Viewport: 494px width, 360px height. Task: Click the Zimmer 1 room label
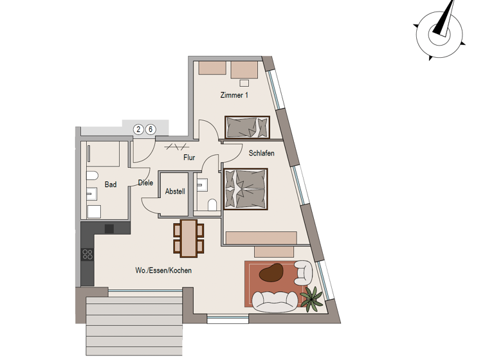pos(234,95)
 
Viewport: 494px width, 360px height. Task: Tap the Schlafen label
pos(262,153)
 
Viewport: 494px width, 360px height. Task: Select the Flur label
pos(189,157)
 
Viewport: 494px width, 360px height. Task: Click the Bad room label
pos(111,184)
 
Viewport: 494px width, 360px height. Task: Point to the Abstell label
pos(174,192)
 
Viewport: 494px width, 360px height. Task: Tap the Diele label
pos(145,183)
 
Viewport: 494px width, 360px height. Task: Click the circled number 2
pos(138,129)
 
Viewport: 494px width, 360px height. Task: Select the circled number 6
pos(151,129)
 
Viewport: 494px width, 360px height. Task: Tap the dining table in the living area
pos(188,237)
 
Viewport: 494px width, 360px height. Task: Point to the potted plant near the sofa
pos(313,297)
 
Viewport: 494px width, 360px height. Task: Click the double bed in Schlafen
pos(244,188)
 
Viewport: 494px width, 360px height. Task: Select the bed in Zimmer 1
pos(247,127)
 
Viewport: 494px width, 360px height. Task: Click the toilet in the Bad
pos(91,175)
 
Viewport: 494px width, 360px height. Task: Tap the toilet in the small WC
pos(212,205)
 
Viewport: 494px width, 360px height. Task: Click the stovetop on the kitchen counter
pos(87,253)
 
